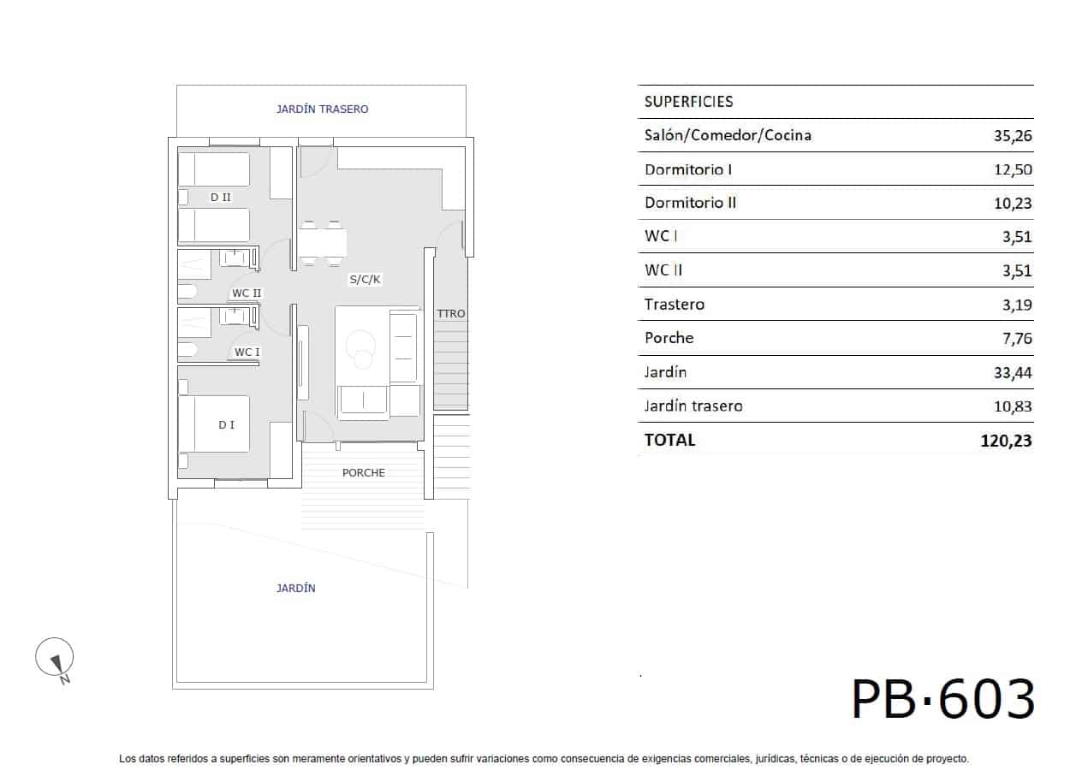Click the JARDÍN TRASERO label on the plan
322,110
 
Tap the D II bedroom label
221,198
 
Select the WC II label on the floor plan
247,293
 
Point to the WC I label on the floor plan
247,352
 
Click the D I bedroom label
226,424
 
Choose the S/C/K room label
365,280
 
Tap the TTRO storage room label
451,314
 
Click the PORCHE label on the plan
364,473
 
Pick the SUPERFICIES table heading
688,102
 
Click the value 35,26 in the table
1014,135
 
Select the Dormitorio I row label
688,169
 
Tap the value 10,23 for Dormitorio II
1014,203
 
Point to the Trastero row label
675,305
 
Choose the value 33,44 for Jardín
1014,372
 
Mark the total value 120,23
1008,441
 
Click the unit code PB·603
942,700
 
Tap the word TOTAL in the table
669,441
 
